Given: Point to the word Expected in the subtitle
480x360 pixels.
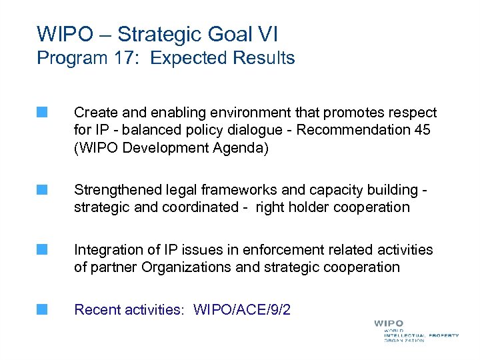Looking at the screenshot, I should point(189,58).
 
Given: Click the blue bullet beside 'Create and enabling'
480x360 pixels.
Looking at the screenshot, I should point(43,113).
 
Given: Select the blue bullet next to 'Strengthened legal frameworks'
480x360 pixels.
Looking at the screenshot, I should point(43,190).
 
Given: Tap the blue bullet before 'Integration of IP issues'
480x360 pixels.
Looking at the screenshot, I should point(43,250).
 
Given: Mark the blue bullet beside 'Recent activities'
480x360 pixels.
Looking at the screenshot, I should point(43,309).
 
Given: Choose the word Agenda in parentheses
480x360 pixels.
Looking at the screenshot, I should point(239,147).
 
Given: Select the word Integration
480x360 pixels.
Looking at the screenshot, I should point(107,250).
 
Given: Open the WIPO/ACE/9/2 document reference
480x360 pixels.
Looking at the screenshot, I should point(242,310).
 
